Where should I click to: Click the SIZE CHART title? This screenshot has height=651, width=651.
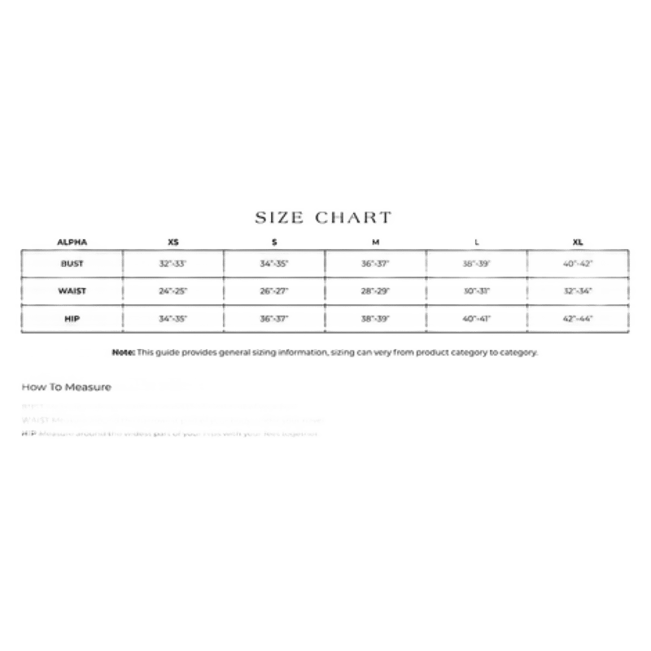click(x=325, y=217)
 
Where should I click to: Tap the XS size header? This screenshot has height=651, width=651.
click(x=172, y=242)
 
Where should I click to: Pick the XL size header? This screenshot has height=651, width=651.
click(x=578, y=242)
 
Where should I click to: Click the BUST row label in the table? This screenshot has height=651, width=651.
click(x=72, y=264)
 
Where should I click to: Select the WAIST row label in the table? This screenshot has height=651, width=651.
click(x=72, y=291)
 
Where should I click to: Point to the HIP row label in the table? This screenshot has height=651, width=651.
click(x=72, y=318)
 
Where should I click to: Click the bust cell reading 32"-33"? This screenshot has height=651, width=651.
click(x=173, y=264)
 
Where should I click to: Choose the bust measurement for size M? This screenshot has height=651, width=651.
click(x=375, y=264)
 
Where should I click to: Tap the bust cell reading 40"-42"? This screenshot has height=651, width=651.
click(x=578, y=264)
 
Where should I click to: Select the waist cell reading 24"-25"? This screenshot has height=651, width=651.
click(x=173, y=291)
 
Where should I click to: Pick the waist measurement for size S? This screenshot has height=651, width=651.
click(x=274, y=291)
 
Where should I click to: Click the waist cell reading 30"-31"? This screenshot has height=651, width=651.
click(x=477, y=291)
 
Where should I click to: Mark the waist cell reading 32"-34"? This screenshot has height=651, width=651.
click(x=578, y=291)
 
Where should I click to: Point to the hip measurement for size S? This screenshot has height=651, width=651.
click(x=274, y=318)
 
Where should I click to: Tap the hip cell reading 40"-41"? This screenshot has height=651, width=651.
click(x=477, y=318)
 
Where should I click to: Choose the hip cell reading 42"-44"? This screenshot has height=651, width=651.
click(x=578, y=318)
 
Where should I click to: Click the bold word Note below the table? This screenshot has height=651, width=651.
click(x=124, y=352)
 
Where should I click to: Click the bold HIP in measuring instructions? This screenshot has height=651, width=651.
click(x=29, y=434)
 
